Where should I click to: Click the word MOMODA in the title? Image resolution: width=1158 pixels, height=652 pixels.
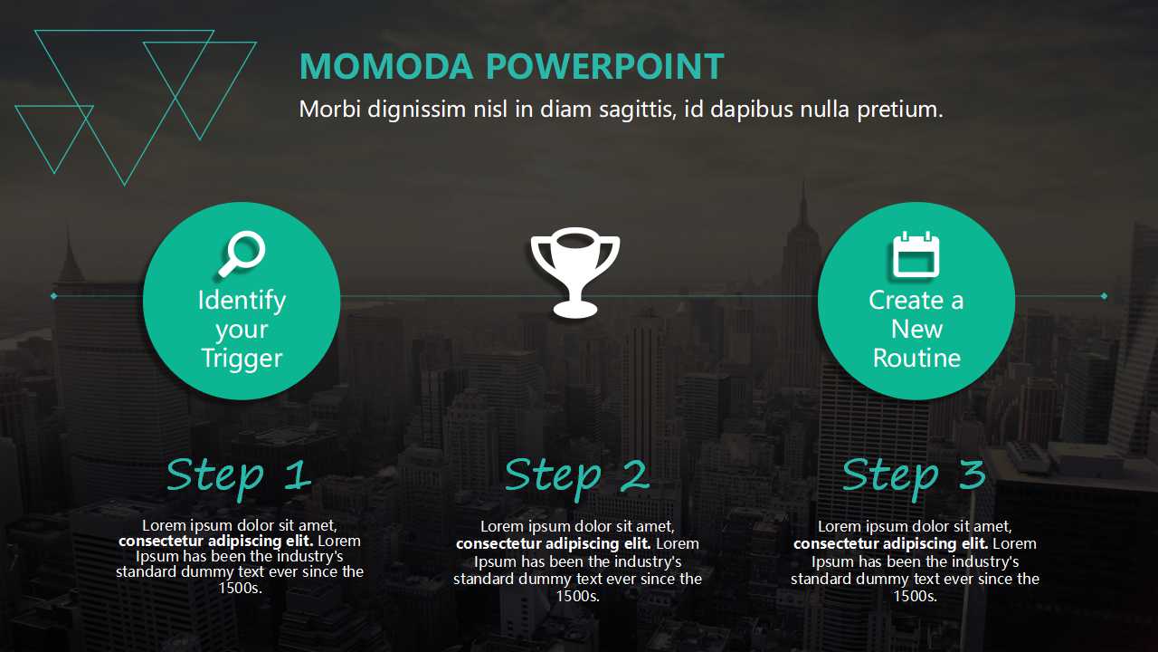[x=386, y=66]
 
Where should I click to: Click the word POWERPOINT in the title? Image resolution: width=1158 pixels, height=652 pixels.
[x=605, y=66]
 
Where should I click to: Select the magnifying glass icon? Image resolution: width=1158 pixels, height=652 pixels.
[x=242, y=254]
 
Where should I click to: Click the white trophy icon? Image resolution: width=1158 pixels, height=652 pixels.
[x=574, y=273]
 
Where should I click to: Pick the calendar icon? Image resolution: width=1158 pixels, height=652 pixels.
[x=916, y=254]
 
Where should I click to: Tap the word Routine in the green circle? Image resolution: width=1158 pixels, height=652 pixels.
[x=916, y=358]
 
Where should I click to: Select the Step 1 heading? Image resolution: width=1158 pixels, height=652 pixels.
[x=239, y=476]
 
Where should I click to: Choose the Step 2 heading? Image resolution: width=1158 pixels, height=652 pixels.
[x=577, y=476]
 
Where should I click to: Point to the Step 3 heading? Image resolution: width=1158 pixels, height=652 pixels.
[x=914, y=476]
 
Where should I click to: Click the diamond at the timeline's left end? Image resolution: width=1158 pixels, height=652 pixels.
[x=53, y=296]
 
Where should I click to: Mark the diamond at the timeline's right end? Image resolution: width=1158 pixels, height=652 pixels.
[x=1105, y=296]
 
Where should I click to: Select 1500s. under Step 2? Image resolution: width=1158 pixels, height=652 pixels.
[x=577, y=596]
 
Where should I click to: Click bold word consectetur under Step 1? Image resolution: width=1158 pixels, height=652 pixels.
[x=162, y=542]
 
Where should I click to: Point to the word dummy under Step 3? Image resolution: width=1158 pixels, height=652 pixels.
[x=888, y=579]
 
